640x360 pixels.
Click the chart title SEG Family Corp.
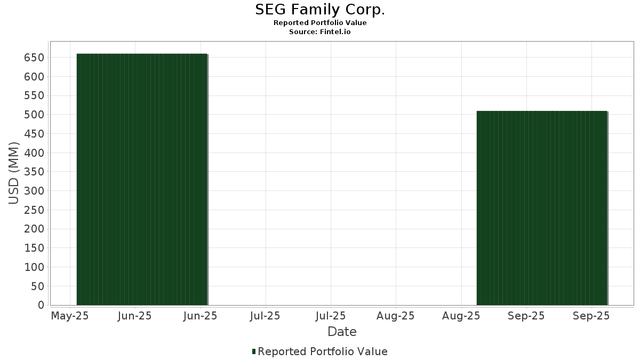(320, 10)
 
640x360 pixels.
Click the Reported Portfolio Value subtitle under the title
(320, 23)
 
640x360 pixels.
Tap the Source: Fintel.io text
(320, 32)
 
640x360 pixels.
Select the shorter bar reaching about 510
(542, 208)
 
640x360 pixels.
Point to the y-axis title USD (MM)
(14, 173)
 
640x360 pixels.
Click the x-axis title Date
(342, 332)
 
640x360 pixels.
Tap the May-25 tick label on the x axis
(70, 316)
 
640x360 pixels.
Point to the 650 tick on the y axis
(34, 58)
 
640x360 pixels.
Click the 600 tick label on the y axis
(34, 77)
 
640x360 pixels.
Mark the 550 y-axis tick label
(34, 95)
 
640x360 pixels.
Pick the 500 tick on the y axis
(34, 115)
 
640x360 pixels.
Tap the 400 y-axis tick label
(34, 153)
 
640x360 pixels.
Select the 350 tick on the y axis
(34, 172)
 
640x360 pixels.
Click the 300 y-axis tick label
(34, 191)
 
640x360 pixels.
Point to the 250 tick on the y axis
(34, 210)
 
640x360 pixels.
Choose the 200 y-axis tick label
(34, 229)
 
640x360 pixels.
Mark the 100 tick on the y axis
(34, 267)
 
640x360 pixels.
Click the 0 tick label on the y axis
(41, 305)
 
